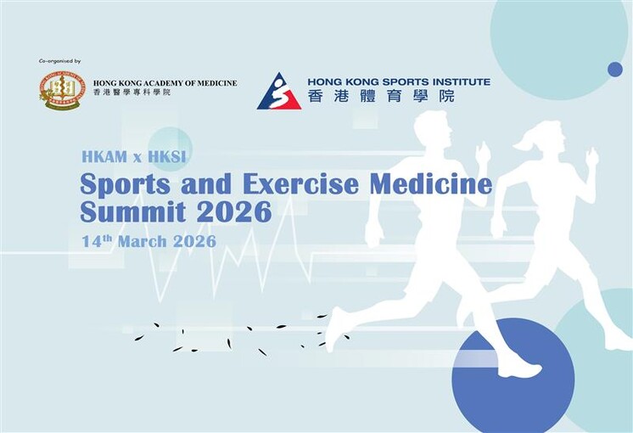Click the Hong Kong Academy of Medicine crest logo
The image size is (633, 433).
tap(62, 89)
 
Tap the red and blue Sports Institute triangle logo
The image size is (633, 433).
tap(279, 91)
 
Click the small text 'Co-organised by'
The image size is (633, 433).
tap(59, 61)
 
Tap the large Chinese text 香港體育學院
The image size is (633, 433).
tap(381, 96)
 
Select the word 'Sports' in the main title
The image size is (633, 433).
tap(120, 184)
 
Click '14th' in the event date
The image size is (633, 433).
tap(97, 240)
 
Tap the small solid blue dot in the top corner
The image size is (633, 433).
tap(615, 70)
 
